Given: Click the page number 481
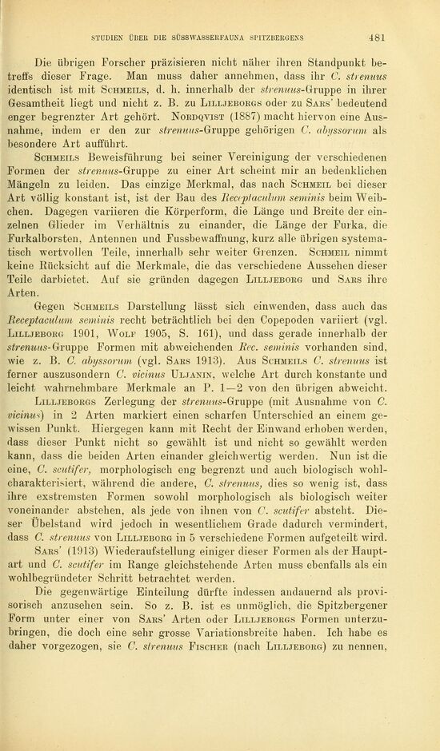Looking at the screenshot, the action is tap(378, 37).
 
